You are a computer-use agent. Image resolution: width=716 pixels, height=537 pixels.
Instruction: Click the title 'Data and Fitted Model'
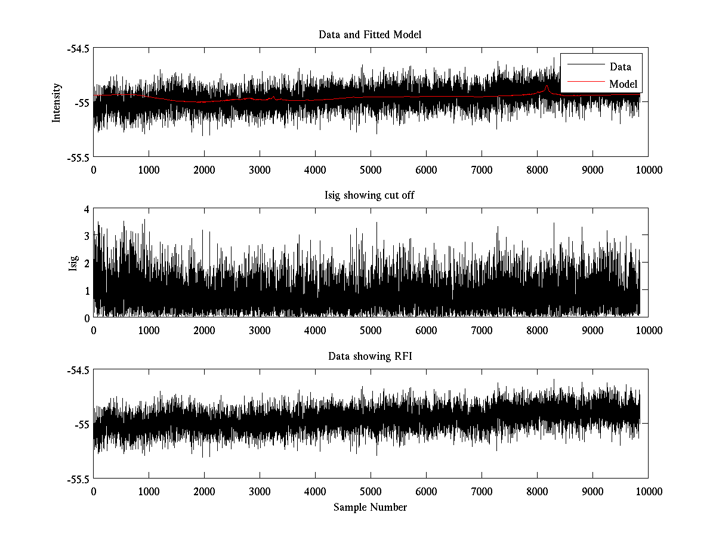370,35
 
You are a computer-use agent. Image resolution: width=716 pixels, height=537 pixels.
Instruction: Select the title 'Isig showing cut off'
370,196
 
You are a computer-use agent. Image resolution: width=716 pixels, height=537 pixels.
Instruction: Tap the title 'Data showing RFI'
370,356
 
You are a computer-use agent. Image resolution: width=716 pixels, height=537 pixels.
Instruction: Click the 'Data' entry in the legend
620,66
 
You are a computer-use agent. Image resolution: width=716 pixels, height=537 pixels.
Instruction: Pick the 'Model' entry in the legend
623,84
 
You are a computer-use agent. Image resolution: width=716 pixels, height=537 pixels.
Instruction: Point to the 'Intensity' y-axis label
57,103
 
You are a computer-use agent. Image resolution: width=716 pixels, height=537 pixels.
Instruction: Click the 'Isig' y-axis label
73,263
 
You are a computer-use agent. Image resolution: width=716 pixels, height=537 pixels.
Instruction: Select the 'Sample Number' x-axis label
370,507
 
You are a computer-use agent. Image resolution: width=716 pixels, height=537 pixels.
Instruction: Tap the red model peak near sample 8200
547,87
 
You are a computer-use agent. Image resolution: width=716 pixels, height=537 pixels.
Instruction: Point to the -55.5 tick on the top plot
79,158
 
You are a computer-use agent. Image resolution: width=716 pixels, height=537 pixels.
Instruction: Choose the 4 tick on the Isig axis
87,209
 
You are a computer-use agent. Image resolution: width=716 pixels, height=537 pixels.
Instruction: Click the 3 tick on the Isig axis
87,236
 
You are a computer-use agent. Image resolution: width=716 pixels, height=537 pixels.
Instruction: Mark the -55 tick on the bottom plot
82,425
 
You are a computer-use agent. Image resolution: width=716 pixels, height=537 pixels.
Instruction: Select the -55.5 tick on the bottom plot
79,479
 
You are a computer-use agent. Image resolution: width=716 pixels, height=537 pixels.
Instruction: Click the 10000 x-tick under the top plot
649,169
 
